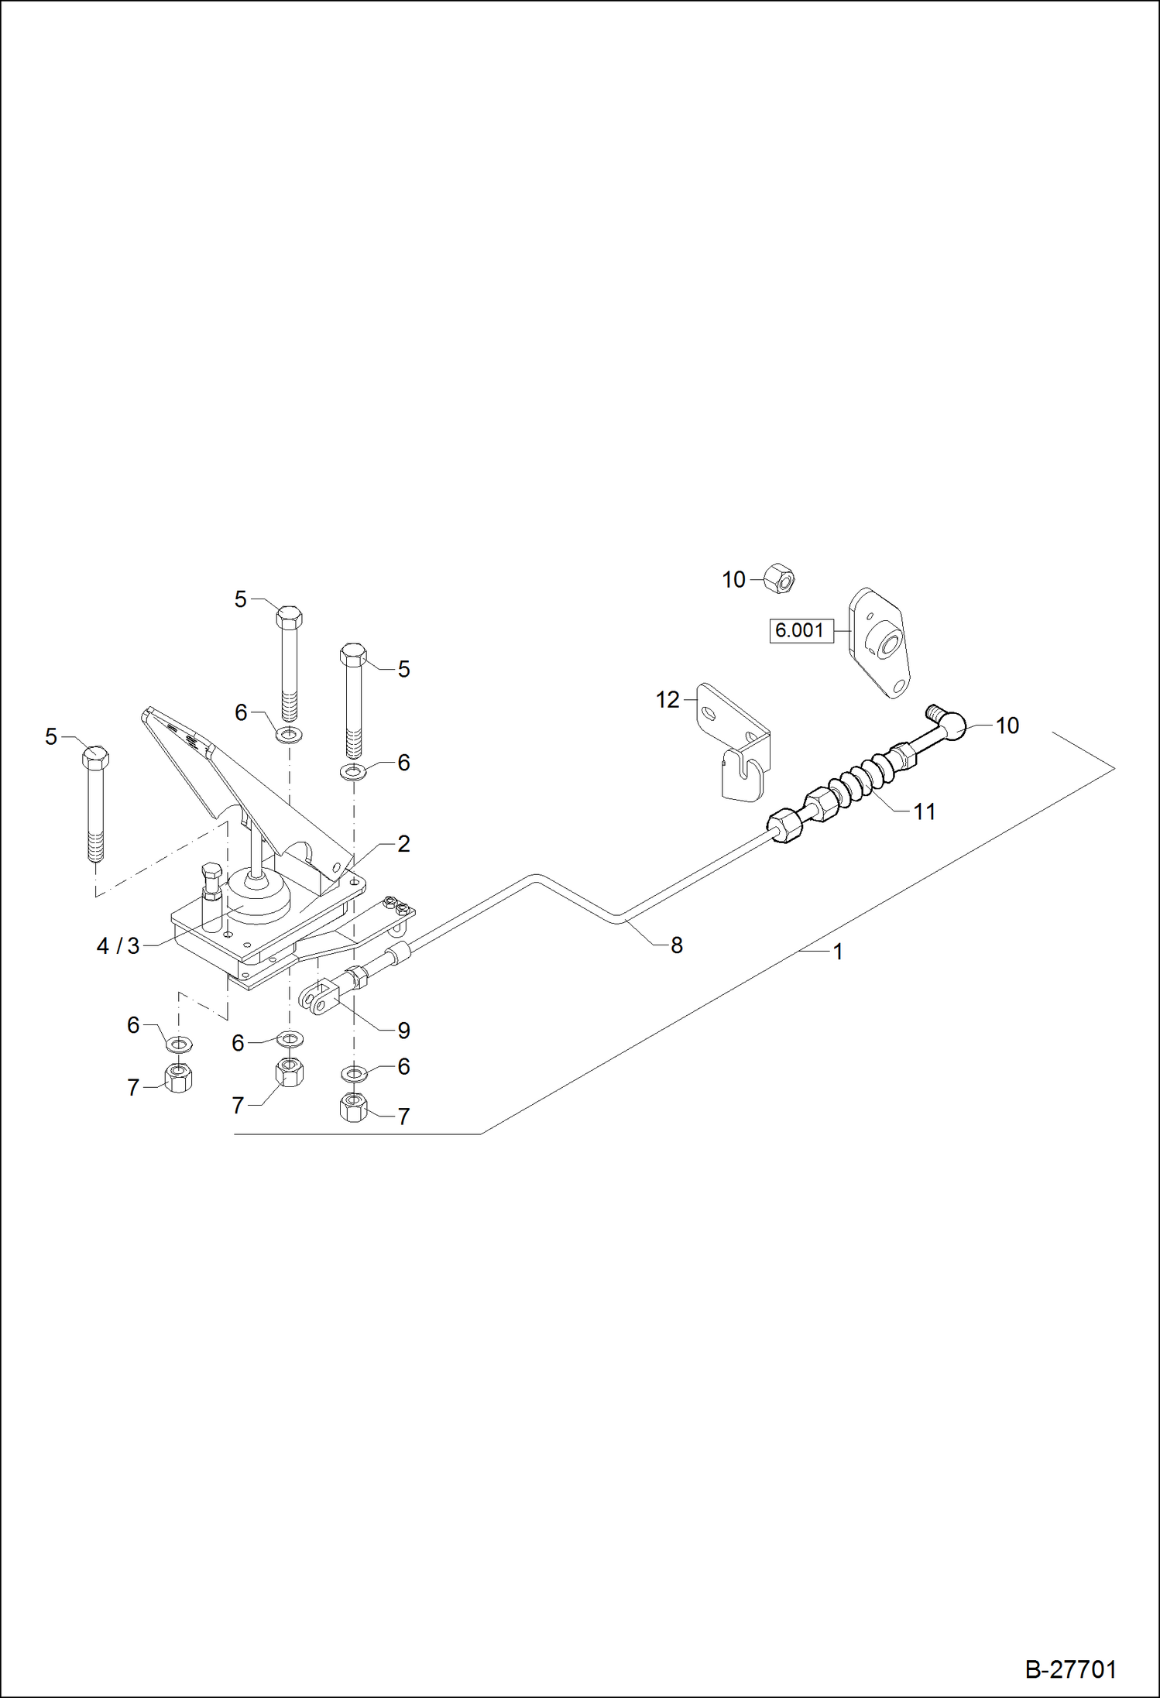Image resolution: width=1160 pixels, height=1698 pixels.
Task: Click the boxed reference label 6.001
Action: [800, 630]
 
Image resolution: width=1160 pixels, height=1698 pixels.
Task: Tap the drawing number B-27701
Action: [1070, 1669]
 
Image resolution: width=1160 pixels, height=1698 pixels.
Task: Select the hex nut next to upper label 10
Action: [780, 579]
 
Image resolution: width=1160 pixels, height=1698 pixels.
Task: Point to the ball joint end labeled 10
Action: [952, 725]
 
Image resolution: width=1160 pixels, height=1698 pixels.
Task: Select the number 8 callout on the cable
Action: [676, 945]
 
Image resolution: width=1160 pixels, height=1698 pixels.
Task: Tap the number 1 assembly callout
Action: [837, 952]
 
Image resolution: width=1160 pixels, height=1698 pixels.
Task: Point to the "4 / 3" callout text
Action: [118, 946]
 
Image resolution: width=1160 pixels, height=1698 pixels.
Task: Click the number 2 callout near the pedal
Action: [403, 844]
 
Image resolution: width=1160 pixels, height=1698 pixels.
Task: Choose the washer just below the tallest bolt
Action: [290, 733]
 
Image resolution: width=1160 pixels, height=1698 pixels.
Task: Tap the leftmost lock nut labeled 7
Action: [179, 1077]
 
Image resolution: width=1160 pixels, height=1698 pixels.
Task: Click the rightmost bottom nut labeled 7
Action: [354, 1107]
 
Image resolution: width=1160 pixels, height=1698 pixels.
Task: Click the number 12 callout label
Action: [667, 700]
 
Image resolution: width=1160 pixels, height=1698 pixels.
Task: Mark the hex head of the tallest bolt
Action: [289, 617]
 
